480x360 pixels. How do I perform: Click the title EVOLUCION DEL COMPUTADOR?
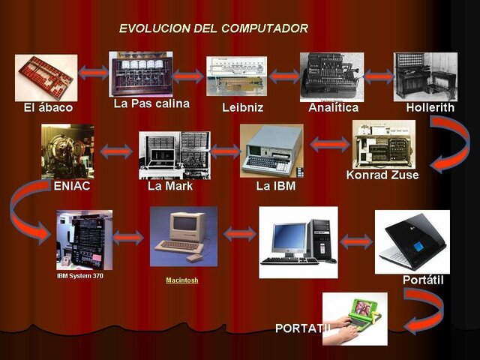click(x=213, y=28)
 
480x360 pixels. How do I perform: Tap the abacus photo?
click(x=45, y=77)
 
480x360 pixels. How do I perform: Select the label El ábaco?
click(x=48, y=108)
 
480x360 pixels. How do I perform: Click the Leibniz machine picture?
click(x=236, y=76)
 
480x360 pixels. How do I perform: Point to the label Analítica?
click(x=333, y=108)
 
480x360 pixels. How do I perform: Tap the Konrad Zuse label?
click(x=382, y=175)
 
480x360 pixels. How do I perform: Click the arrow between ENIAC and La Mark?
click(x=115, y=152)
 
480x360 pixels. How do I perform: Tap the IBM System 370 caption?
click(x=80, y=276)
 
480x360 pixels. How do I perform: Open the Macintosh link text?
click(x=182, y=280)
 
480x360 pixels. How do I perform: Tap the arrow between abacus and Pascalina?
click(x=93, y=73)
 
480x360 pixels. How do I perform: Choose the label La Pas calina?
click(x=151, y=103)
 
